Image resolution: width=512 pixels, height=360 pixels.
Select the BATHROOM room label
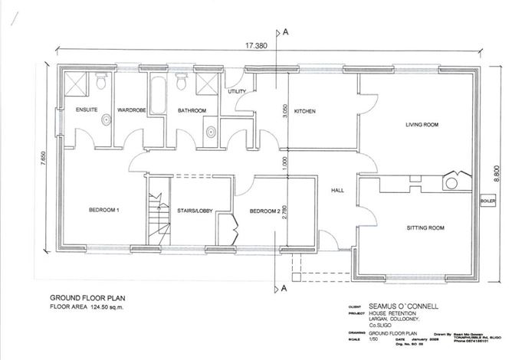[192, 111]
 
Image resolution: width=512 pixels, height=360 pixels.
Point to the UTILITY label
[236, 92]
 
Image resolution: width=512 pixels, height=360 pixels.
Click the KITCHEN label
[305, 111]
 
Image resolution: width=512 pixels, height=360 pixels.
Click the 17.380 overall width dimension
[256, 47]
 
